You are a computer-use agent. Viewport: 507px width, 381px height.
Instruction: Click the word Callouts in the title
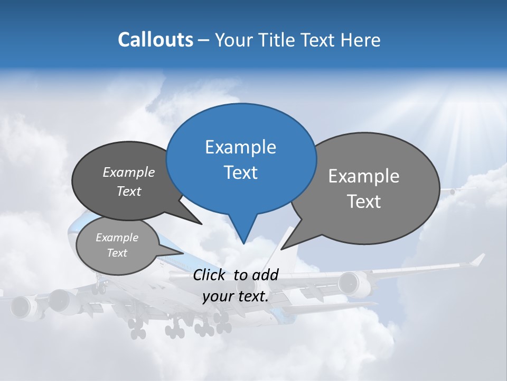(x=155, y=40)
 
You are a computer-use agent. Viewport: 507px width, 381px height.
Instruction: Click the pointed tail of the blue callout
(x=243, y=233)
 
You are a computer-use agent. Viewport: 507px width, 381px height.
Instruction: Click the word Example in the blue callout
(x=240, y=147)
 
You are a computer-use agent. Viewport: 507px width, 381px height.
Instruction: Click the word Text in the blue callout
(x=240, y=173)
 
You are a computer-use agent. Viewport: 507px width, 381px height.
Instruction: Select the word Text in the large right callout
(x=364, y=202)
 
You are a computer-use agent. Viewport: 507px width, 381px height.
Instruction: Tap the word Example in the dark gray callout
(x=129, y=172)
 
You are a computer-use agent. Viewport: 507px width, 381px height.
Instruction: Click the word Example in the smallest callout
(x=117, y=238)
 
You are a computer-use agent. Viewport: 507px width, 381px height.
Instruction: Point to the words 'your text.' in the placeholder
(x=236, y=296)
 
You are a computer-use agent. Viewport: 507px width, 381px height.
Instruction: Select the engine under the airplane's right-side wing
(x=349, y=283)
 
